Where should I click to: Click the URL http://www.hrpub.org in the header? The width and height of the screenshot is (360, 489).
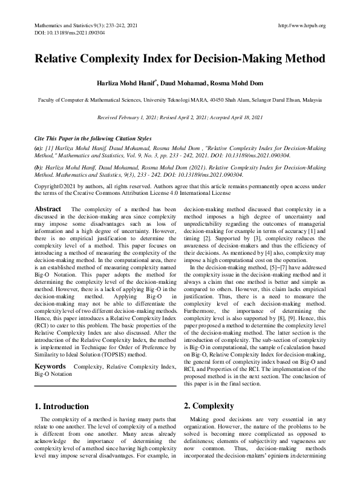[x=301, y=25]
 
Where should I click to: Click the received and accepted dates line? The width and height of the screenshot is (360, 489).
[x=180, y=116]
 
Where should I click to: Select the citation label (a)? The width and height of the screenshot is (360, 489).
[x=39, y=148]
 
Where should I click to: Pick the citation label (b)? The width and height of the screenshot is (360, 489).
[x=39, y=165]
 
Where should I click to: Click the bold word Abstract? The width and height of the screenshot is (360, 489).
[x=48, y=209]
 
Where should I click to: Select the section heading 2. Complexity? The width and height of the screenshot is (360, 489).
[x=208, y=405]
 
